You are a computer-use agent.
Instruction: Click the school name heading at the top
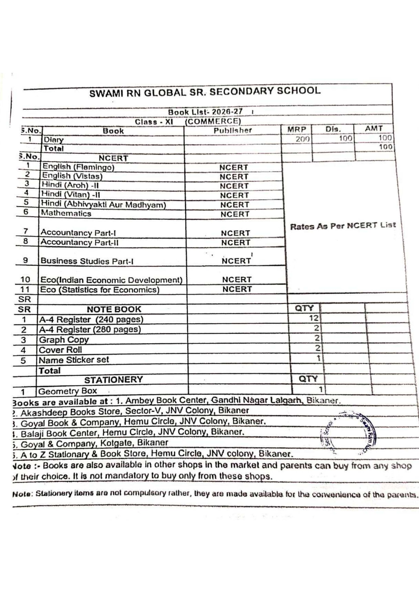pyautogui.click(x=205, y=92)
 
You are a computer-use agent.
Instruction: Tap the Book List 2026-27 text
pyautogui.click(x=205, y=112)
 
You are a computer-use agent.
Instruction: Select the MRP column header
pyautogui.click(x=297, y=129)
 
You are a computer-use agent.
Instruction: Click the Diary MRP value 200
pyautogui.click(x=302, y=139)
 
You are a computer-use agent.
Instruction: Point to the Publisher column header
pyautogui.click(x=233, y=130)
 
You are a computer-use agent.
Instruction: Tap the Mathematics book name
pyautogui.click(x=66, y=213)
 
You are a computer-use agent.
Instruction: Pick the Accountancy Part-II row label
pyautogui.click(x=80, y=242)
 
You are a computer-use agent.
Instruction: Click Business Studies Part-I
pyautogui.click(x=87, y=261)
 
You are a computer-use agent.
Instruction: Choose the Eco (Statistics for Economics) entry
pyautogui.click(x=99, y=290)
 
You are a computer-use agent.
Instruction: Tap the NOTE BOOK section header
pyautogui.click(x=114, y=309)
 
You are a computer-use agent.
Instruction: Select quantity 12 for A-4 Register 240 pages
pyautogui.click(x=314, y=318)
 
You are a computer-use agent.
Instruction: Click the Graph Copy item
pyautogui.click(x=63, y=340)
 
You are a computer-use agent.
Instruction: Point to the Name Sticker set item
pyautogui.click(x=74, y=360)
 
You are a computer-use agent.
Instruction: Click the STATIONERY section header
pyautogui.click(x=113, y=379)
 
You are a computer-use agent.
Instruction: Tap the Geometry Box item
pyautogui.click(x=68, y=391)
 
